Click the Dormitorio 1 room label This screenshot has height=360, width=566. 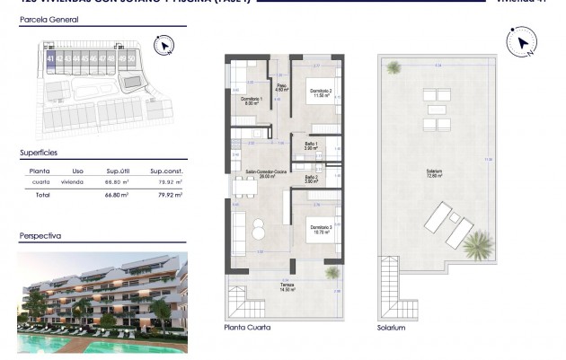coord(251,98)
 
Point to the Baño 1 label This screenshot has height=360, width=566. coord(310,146)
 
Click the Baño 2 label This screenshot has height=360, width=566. coord(310,178)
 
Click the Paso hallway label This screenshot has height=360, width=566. coord(279,88)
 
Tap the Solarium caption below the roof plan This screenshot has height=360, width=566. coord(392,329)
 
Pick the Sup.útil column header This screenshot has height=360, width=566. coord(120,170)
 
